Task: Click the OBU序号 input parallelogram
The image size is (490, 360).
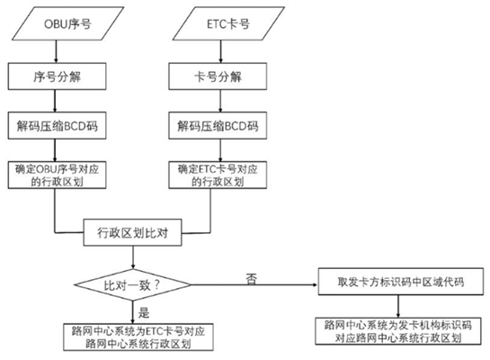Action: point(58,24)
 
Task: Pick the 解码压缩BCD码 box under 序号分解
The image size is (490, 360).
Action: point(58,125)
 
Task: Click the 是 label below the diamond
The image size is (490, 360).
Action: point(142,310)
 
